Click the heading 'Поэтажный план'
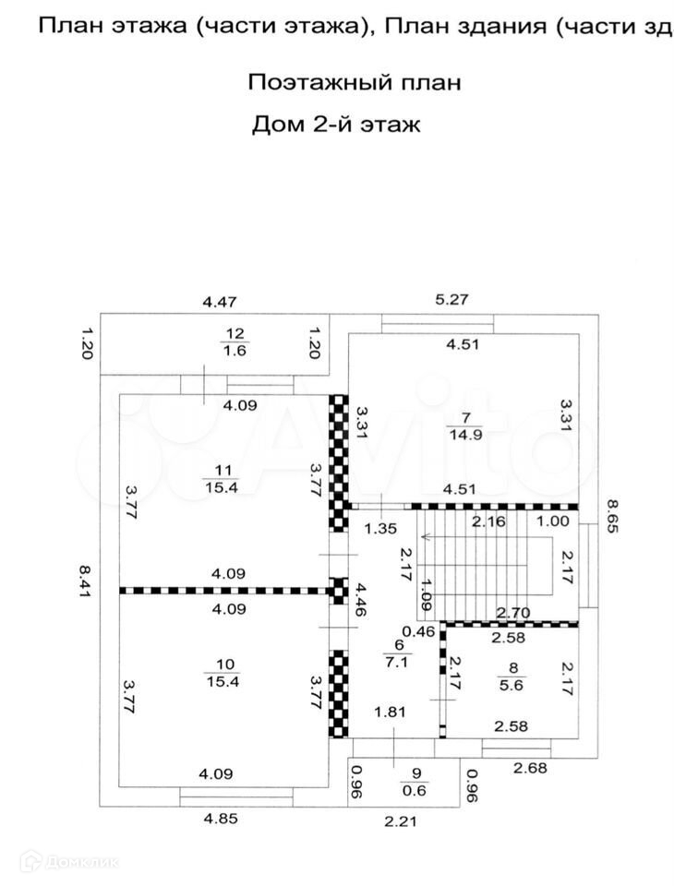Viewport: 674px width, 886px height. [x=354, y=83]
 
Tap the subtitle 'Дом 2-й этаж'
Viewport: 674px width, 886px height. [x=336, y=125]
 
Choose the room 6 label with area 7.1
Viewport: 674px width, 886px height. [x=400, y=653]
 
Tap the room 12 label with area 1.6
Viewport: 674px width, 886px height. [x=234, y=341]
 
